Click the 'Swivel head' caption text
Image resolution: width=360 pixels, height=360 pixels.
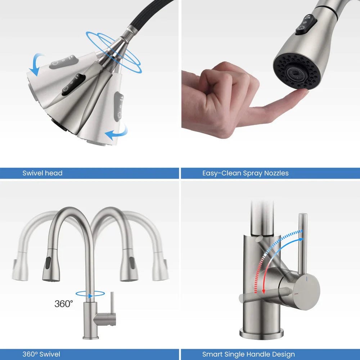pyautogui.click(x=42, y=173)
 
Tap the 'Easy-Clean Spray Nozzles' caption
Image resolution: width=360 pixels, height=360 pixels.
pyautogui.click(x=245, y=173)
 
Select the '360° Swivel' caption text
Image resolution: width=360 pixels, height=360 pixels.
pyautogui.click(x=41, y=354)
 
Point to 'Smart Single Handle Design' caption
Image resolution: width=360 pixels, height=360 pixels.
pyautogui.click(x=248, y=354)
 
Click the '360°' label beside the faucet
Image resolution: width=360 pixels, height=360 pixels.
pyautogui.click(x=63, y=304)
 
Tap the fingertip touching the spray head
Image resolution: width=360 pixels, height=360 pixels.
pyautogui.click(x=301, y=94)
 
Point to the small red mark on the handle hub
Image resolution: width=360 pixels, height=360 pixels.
pyautogui.click(x=296, y=294)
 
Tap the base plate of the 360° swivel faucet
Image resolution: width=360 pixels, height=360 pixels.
pyautogui.click(x=90, y=338)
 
